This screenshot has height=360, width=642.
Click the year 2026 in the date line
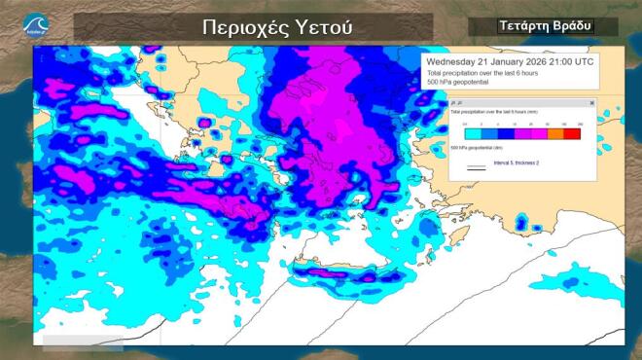[x=531, y=61]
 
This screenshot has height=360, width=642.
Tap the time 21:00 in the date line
[x=561, y=61]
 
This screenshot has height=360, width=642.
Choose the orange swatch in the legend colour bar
[x=555, y=132]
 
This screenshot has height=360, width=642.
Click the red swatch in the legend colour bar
[x=573, y=132]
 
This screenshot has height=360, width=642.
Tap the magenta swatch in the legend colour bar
[x=538, y=132]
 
